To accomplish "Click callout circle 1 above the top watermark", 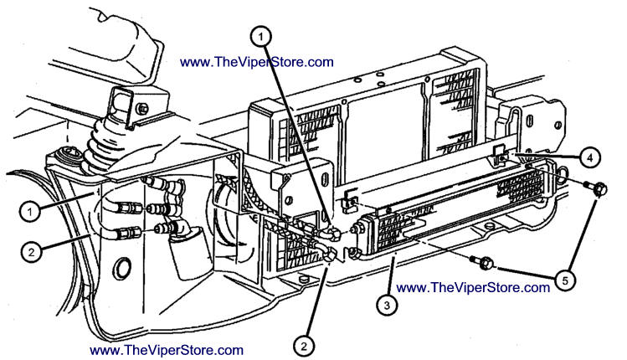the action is (x=260, y=37).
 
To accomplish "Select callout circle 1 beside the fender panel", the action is (x=30, y=211).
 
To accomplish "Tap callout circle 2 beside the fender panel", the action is (x=32, y=252).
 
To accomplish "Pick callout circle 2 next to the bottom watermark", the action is (x=305, y=346).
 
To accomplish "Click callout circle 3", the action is (x=387, y=306).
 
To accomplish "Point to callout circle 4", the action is (x=590, y=157).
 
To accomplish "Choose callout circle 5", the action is (x=565, y=280).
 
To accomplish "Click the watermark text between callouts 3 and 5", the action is (x=473, y=288).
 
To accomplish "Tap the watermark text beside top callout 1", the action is (x=257, y=62).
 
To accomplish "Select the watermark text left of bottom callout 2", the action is (x=167, y=351).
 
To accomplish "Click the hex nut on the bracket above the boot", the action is (x=142, y=108).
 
